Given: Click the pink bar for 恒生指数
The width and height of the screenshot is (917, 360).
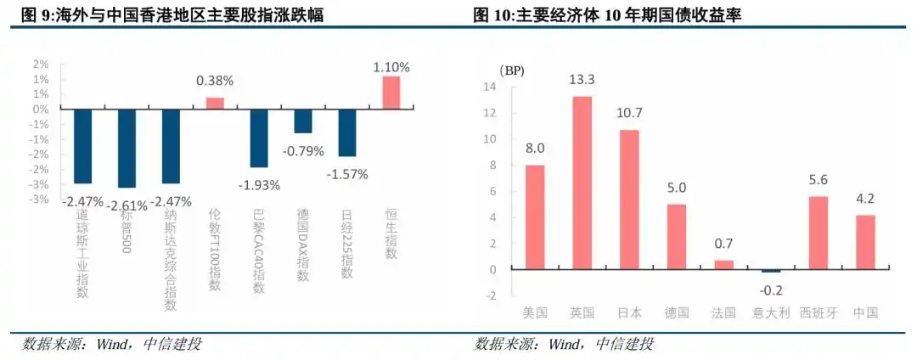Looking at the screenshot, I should (391, 93).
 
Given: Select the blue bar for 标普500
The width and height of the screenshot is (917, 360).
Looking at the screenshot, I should (127, 149).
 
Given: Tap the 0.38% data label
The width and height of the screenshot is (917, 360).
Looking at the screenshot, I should (215, 82).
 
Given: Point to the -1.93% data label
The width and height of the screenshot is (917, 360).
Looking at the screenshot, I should (258, 185).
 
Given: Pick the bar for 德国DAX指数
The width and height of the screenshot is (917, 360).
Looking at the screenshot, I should (302, 121).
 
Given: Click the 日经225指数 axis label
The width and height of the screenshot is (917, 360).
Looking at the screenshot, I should (346, 243).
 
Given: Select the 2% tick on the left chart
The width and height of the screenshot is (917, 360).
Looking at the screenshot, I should (40, 64).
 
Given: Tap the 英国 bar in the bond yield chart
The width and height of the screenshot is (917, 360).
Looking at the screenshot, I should (582, 183).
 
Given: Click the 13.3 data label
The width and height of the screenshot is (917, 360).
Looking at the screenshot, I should (582, 80).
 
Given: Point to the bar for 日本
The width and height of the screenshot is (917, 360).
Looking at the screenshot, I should (628, 200).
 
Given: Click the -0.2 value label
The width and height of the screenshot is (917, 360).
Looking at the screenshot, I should (769, 288).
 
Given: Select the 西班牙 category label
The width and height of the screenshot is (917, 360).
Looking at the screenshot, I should (818, 312).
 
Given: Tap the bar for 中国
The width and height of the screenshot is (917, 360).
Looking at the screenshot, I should (864, 242).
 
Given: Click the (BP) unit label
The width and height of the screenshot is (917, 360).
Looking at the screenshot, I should (512, 69).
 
